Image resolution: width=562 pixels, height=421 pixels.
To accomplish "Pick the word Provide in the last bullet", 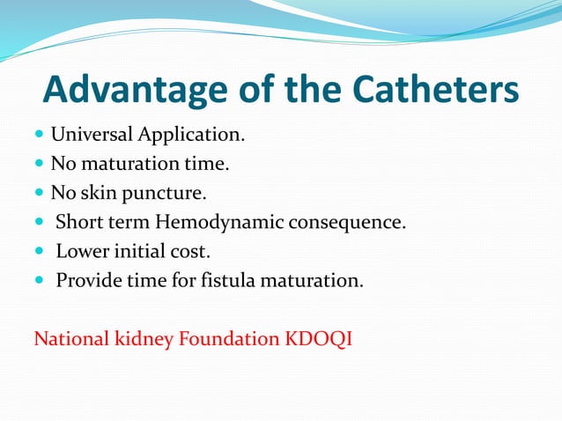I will (88, 281).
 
